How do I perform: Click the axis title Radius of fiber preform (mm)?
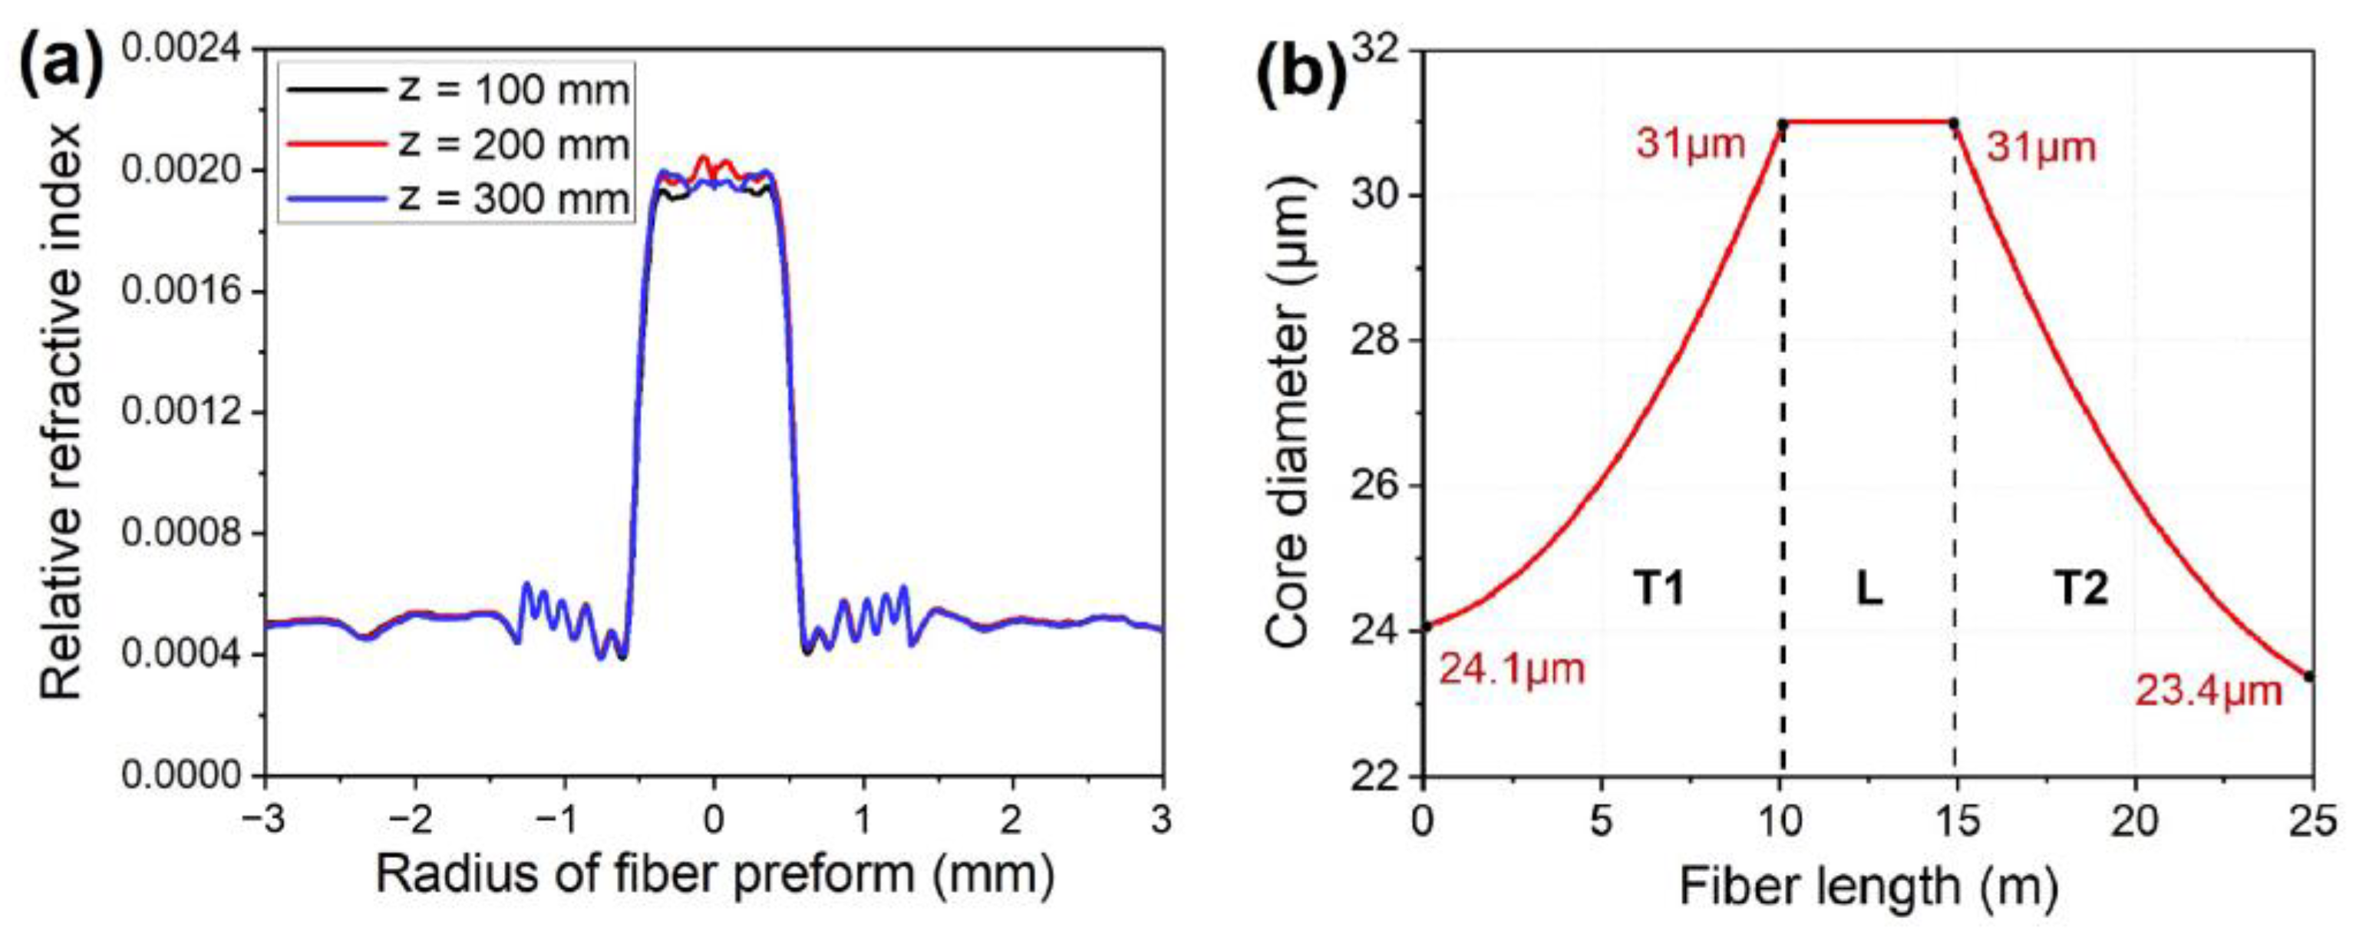tap(714, 876)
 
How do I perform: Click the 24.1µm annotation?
tap(1511, 669)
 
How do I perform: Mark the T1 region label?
tap(1658, 588)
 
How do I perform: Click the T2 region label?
tap(2080, 588)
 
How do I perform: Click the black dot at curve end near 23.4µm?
tap(2308, 676)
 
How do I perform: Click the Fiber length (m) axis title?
tap(1868, 886)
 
